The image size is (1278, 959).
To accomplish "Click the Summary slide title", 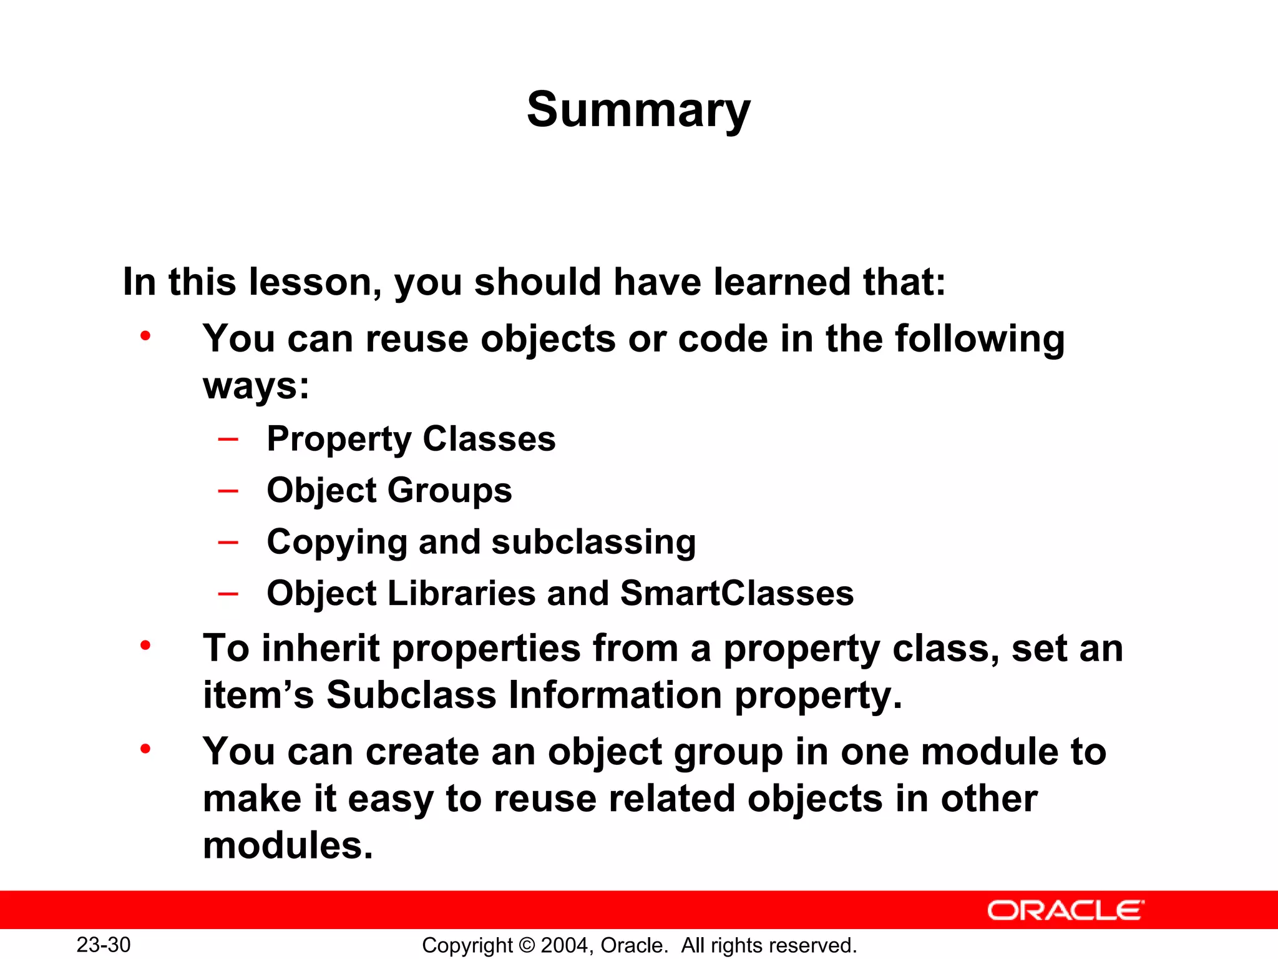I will pyautogui.click(x=638, y=111).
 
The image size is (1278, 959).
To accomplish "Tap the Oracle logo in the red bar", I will pyautogui.click(x=1065, y=910).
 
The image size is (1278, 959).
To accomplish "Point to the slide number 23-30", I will pyautogui.click(x=104, y=945).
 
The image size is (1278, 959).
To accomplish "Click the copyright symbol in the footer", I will pyautogui.click(x=527, y=945).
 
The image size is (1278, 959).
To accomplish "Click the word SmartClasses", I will pyautogui.click(x=737, y=593).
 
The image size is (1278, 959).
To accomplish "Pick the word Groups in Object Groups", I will pyautogui.click(x=450, y=490).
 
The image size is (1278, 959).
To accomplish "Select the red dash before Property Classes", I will pyautogui.click(x=228, y=439).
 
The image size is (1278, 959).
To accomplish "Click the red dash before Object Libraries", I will pyautogui.click(x=228, y=593).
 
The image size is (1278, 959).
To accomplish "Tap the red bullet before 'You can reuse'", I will pyautogui.click(x=145, y=337).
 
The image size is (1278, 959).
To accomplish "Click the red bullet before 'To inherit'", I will pyautogui.click(x=145, y=646).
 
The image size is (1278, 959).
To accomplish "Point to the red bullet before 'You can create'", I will pyautogui.click(x=145, y=749).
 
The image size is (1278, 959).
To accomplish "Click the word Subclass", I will pyautogui.click(x=411, y=695).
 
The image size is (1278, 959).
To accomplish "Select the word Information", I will pyautogui.click(x=615, y=695).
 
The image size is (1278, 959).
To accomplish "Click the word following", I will pyautogui.click(x=980, y=339).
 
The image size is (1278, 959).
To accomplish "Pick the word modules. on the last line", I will pyautogui.click(x=288, y=845).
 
